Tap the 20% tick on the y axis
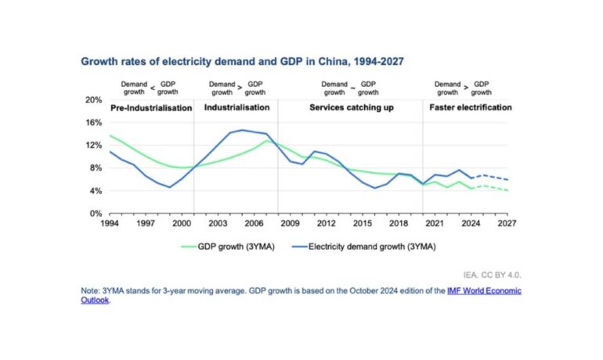(x=95, y=100)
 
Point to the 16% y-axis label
(x=95, y=123)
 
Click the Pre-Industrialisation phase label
(x=151, y=107)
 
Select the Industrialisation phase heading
(x=237, y=107)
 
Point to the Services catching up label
(x=346, y=107)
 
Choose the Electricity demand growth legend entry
(x=370, y=247)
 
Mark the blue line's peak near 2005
(x=242, y=130)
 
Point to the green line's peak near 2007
(x=267, y=141)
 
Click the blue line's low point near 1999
(x=169, y=187)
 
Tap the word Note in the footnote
(x=91, y=291)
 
